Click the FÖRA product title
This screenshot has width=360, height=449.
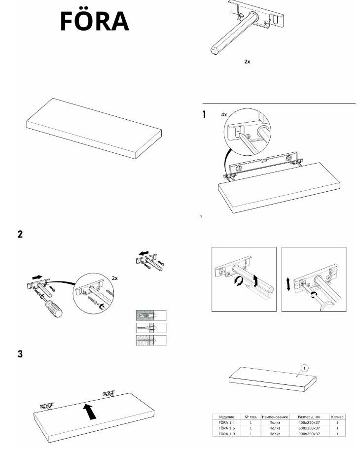tap(95, 21)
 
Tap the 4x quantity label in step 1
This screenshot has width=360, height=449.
tap(224, 114)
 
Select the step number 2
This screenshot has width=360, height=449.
tap(20, 234)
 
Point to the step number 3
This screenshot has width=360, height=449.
tap(20, 354)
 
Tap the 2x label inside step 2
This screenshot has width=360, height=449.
tap(115, 278)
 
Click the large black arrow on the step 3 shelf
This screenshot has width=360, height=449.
tap(89, 410)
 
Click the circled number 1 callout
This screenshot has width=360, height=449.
tap(304, 368)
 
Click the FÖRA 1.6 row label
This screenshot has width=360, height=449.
tap(226, 428)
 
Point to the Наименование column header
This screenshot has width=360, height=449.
tap(274, 416)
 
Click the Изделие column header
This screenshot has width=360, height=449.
tap(226, 416)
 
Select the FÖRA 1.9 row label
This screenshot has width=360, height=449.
tap(226, 434)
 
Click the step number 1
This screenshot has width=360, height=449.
tap(204, 115)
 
